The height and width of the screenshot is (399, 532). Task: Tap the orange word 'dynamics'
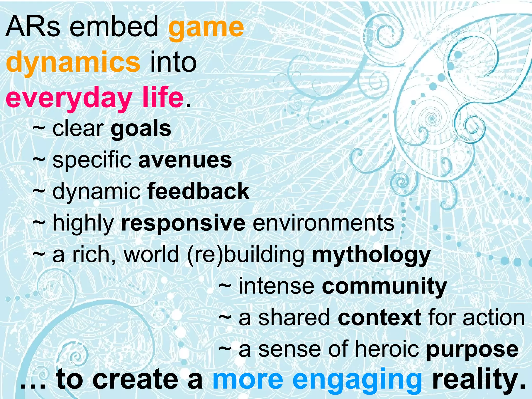(x=73, y=63)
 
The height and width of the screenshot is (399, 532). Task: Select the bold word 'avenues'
(x=185, y=160)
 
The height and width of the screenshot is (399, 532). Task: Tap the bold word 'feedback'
(x=198, y=191)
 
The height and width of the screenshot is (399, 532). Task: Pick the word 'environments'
(x=323, y=223)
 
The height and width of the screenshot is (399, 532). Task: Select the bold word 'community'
(x=384, y=287)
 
